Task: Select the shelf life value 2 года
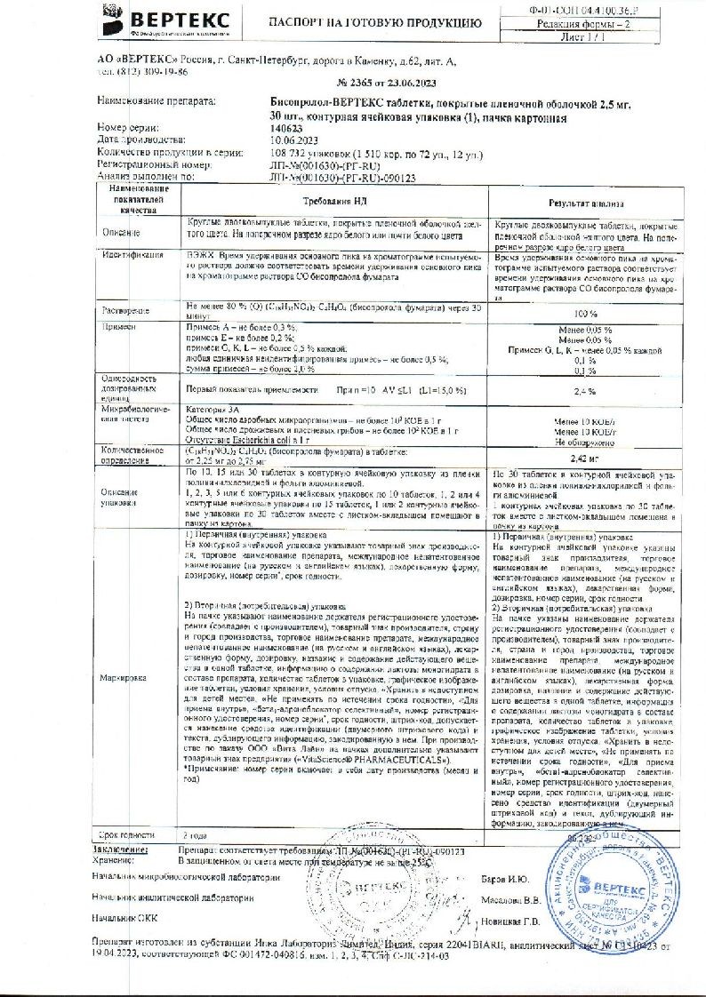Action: tap(196, 837)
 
